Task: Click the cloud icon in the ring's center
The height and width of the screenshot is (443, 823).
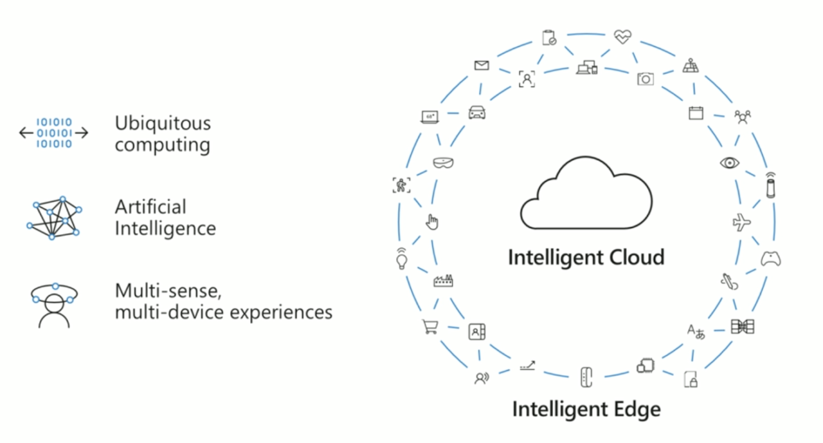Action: (586, 194)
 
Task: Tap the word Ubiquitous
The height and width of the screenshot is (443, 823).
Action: (163, 123)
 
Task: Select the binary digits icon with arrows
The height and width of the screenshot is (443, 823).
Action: (54, 133)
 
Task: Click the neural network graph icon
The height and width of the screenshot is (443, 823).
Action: (55, 218)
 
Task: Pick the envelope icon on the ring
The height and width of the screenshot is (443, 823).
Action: (482, 65)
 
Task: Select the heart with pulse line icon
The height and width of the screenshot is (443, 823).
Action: (622, 37)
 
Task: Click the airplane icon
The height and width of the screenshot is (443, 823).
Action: (741, 223)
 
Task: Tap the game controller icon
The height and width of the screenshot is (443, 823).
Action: (771, 259)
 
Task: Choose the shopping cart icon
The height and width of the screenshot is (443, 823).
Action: (429, 327)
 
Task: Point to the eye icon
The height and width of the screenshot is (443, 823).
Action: (728, 162)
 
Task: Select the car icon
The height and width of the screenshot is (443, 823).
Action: (476, 113)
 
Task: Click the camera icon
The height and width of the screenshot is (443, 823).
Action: (645, 79)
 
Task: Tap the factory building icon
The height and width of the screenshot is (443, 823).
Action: (443, 280)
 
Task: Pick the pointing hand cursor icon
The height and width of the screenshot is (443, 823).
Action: (432, 223)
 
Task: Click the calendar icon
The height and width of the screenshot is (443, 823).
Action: (696, 113)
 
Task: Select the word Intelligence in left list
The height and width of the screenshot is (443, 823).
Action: (165, 229)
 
